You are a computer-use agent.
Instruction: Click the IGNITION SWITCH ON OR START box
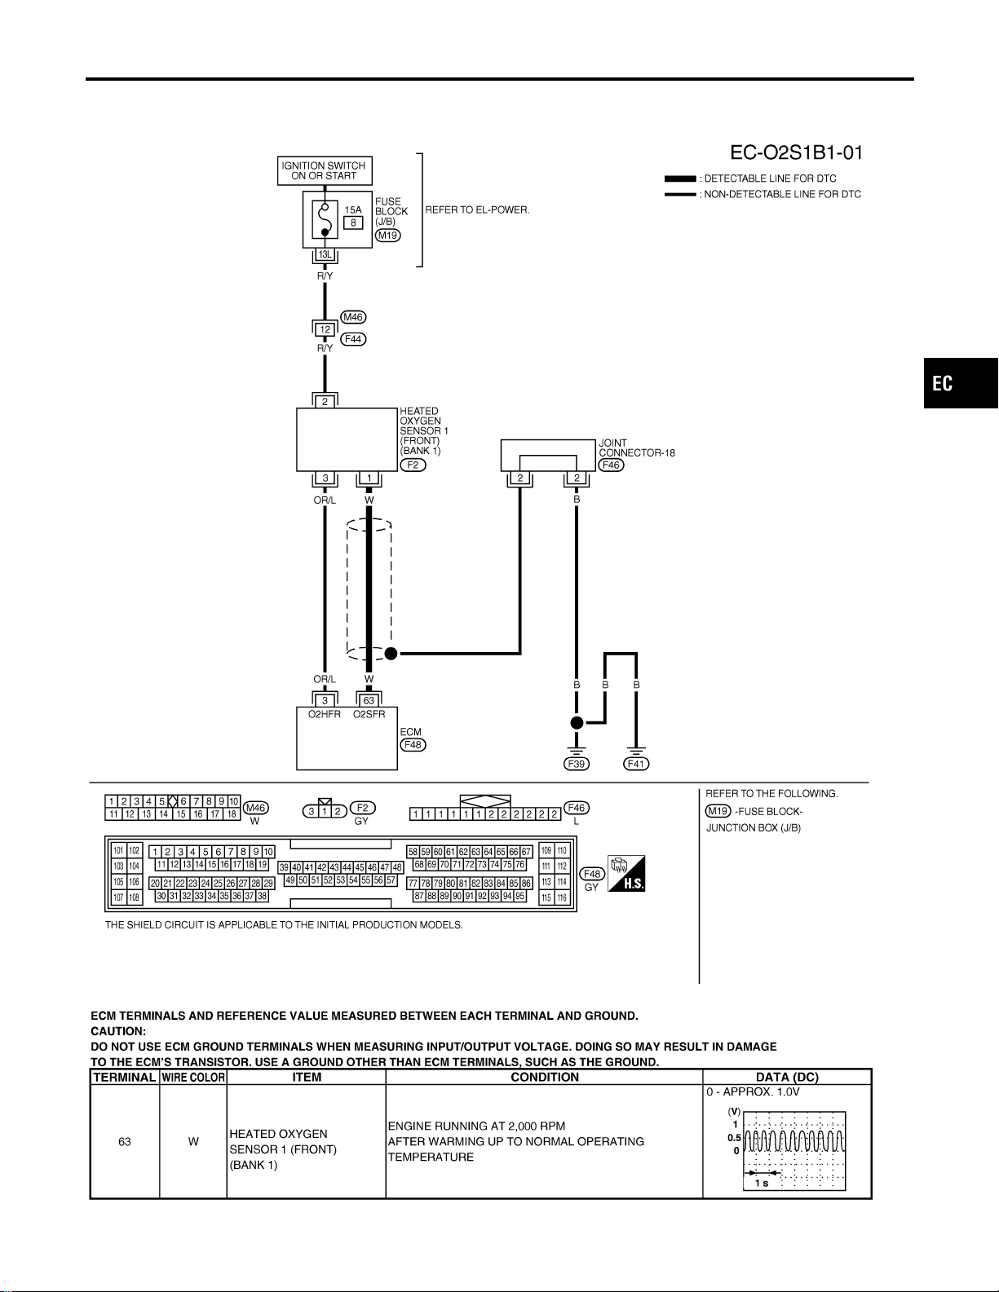click(325, 170)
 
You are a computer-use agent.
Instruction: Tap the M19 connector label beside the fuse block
click(387, 236)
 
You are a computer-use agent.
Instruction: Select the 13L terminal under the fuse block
click(325, 254)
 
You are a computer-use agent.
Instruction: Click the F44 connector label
click(353, 339)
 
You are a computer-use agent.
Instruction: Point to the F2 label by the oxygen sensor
click(413, 465)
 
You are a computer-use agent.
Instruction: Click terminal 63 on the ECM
click(369, 700)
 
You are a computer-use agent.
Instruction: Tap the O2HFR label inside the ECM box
click(324, 714)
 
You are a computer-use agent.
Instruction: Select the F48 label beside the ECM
click(413, 744)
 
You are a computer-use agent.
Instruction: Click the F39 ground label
click(577, 764)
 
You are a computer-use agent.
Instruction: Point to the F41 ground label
click(636, 764)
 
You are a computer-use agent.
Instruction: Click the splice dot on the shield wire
click(391, 654)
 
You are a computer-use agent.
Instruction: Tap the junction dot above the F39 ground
click(577, 723)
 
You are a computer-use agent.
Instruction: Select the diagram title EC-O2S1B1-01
click(796, 152)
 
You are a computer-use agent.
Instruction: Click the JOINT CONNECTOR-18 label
click(637, 448)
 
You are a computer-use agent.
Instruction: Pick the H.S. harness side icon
click(626, 873)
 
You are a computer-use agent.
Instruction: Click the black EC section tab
click(961, 383)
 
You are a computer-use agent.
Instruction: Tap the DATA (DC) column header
click(787, 1077)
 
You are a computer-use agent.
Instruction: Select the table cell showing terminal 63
click(124, 1141)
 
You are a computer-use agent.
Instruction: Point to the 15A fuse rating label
click(353, 209)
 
